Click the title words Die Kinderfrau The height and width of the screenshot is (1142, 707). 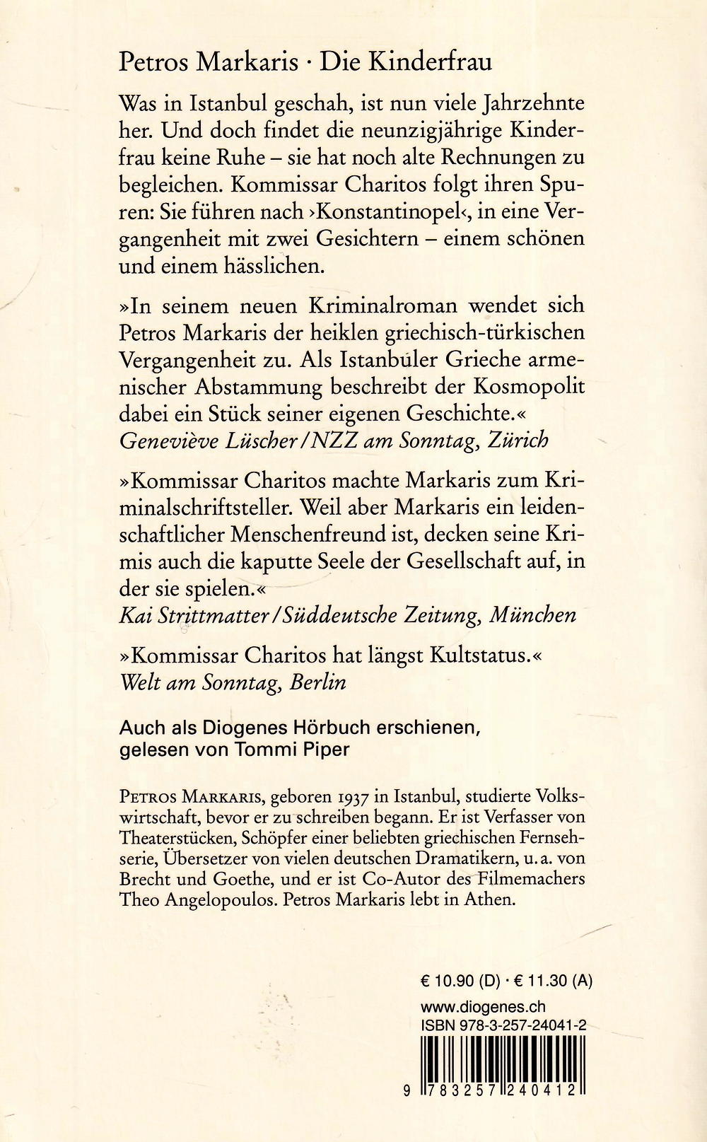[406, 62]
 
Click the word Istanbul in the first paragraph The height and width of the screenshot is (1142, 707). [221, 103]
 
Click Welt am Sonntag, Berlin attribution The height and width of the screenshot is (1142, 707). [233, 682]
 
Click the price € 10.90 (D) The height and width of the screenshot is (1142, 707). [460, 981]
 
